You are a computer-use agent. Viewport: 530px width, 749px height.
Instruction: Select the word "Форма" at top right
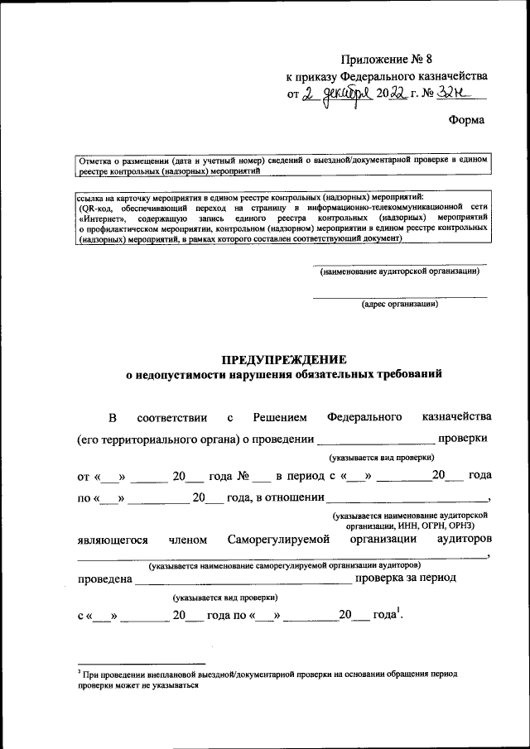pos(466,120)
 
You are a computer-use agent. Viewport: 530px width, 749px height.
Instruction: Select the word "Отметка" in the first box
pos(97,159)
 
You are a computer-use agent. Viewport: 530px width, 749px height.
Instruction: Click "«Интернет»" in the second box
pos(103,218)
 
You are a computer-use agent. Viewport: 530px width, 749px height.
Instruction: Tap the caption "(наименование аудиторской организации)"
pos(400,271)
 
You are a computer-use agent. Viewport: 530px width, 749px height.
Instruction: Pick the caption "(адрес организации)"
pos(400,305)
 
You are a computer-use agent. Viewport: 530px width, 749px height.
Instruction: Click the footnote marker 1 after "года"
pos(398,612)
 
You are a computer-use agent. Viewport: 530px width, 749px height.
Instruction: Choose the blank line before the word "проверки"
pos(375,439)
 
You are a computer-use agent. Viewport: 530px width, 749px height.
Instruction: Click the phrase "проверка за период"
pos(405,579)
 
